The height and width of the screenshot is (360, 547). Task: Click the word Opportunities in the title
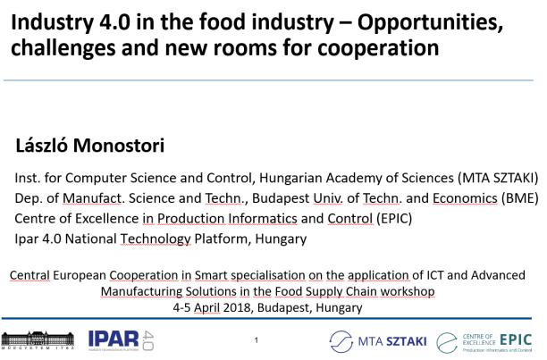[x=430, y=23]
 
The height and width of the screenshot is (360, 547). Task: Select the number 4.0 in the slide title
[x=115, y=21]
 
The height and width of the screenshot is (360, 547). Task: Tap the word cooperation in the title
[x=378, y=48]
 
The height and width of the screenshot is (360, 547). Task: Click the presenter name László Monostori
[x=90, y=146]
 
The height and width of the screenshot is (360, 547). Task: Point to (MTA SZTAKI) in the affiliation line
[x=498, y=178]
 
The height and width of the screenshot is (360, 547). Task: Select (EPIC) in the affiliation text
[x=394, y=219]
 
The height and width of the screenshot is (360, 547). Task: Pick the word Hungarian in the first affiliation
[x=290, y=178]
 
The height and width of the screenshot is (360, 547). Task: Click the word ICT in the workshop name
[x=435, y=275]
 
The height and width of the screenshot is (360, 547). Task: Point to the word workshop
[x=408, y=291]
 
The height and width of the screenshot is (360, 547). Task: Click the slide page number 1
[x=257, y=340]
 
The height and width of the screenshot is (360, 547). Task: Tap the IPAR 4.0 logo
[x=121, y=340]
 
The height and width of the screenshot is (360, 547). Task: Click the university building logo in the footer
[x=38, y=340]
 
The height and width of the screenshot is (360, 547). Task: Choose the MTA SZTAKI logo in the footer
[x=378, y=341]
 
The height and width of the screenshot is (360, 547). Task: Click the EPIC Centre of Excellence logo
[x=484, y=342]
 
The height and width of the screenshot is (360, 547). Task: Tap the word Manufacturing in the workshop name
[x=141, y=291]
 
